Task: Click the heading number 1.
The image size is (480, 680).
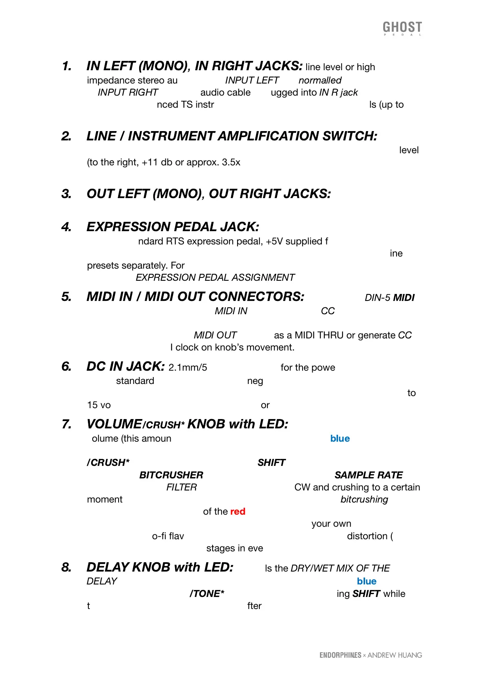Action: [67, 66]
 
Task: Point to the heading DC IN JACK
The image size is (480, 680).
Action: [125, 367]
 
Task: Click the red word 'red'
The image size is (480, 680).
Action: [238, 511]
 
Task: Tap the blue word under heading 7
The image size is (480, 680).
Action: [340, 438]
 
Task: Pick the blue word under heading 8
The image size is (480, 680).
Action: [366, 581]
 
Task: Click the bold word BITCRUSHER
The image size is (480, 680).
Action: [171, 475]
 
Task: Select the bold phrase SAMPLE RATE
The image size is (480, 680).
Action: [368, 475]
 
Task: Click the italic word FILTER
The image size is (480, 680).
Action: [182, 487]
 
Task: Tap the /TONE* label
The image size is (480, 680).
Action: [207, 594]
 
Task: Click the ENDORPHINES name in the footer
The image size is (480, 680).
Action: [340, 655]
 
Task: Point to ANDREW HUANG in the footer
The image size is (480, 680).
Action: [394, 655]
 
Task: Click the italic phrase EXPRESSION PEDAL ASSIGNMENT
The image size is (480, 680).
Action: [215, 277]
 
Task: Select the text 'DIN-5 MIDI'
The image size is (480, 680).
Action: [389, 298]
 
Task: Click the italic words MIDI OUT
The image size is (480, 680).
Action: [215, 335]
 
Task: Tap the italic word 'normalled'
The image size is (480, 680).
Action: [320, 80]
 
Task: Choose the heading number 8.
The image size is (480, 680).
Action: [67, 567]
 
